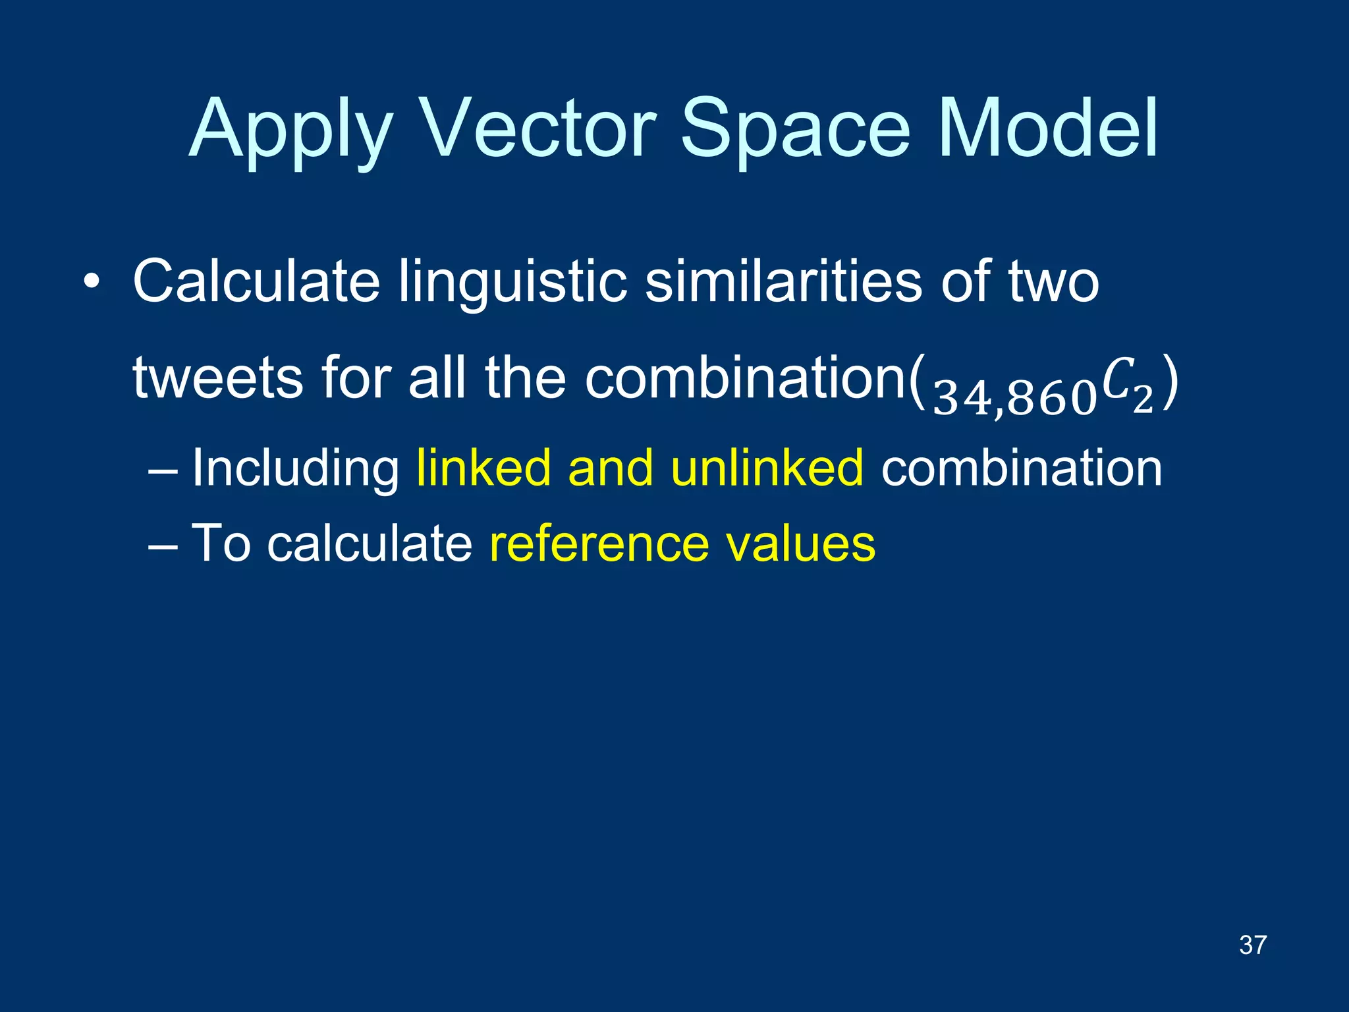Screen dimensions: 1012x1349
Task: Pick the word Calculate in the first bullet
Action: pyautogui.click(x=256, y=282)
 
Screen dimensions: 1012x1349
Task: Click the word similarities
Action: pyautogui.click(x=783, y=282)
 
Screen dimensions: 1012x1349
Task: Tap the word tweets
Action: pyautogui.click(x=217, y=379)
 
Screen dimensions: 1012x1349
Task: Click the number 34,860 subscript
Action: pyautogui.click(x=1014, y=399)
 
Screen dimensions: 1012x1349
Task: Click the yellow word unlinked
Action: pyautogui.click(x=767, y=468)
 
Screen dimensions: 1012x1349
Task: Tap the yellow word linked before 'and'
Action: pyautogui.click(x=483, y=468)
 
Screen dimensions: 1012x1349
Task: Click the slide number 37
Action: pyautogui.click(x=1252, y=945)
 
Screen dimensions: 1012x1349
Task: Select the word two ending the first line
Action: pyautogui.click(x=1053, y=282)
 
